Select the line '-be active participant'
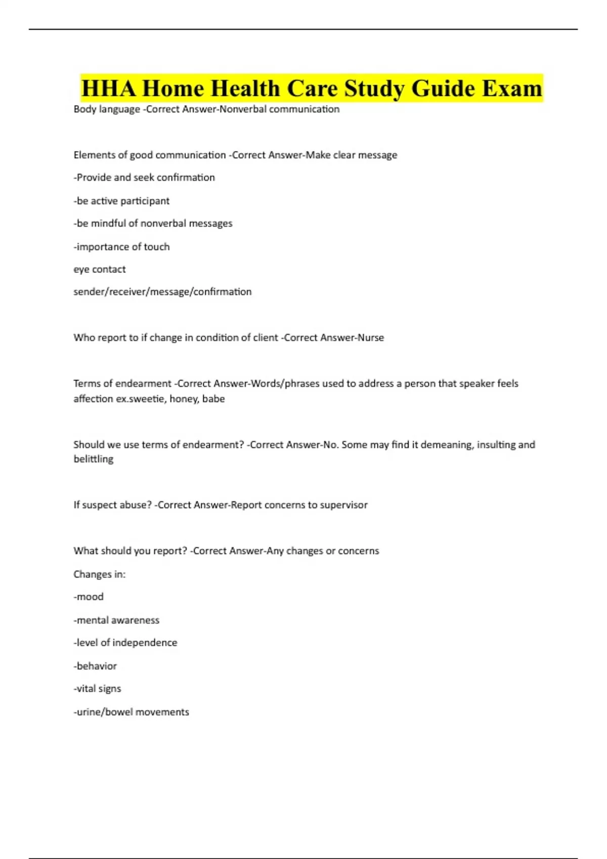pyautogui.click(x=121, y=201)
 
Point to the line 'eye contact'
pyautogui.click(x=100, y=269)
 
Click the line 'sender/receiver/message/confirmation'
pyautogui.click(x=162, y=292)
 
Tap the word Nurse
pyautogui.click(x=371, y=338)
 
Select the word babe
pyautogui.click(x=213, y=399)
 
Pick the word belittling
pyautogui.click(x=94, y=459)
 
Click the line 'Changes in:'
pyautogui.click(x=100, y=574)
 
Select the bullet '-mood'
pyautogui.click(x=89, y=597)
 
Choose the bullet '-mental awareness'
pyautogui.click(x=116, y=620)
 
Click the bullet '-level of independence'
pyautogui.click(x=125, y=643)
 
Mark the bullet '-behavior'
pyautogui.click(x=95, y=666)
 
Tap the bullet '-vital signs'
pyautogui.click(x=98, y=689)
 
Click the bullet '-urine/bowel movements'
pyautogui.click(x=132, y=712)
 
